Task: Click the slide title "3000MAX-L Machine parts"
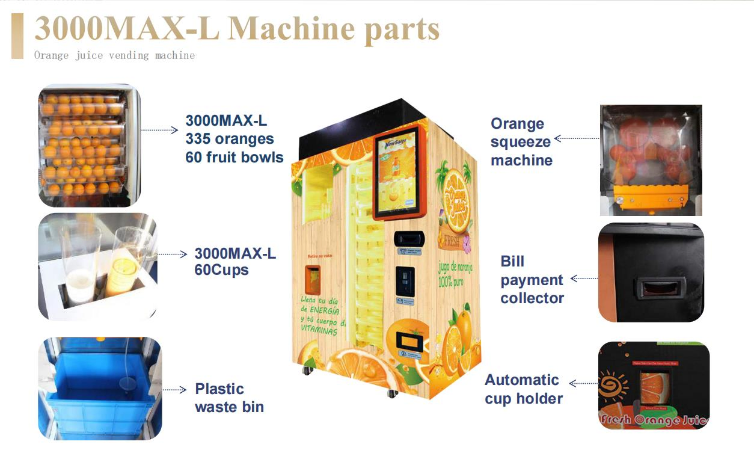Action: [237, 29]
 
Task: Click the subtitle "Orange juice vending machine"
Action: [114, 55]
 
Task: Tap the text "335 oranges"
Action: [229, 139]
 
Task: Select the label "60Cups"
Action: [221, 270]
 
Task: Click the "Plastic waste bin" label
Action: [229, 398]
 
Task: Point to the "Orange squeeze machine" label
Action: [521, 142]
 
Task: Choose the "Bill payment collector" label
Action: [532, 280]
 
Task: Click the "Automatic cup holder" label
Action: [524, 389]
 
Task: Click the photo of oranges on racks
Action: [88, 145]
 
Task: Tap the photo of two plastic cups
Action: [97, 266]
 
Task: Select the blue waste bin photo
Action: [100, 388]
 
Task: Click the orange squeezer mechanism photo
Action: [651, 160]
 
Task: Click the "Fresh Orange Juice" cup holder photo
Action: [654, 385]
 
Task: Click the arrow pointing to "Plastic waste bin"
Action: [174, 390]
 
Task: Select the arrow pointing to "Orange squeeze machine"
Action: [576, 138]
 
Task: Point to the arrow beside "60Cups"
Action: [172, 254]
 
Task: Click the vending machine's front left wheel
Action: [308, 369]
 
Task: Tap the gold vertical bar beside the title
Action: [17, 36]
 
